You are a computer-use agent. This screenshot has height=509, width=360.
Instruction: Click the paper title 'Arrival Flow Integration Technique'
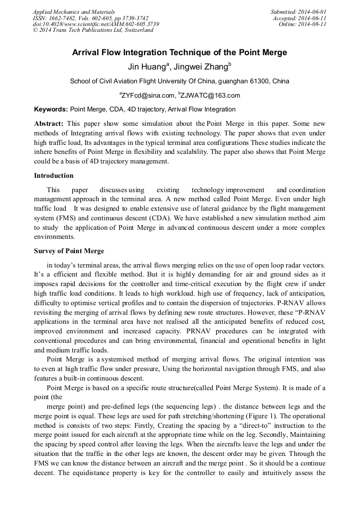[179, 53]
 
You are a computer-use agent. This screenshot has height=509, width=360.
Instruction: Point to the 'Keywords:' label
[51, 109]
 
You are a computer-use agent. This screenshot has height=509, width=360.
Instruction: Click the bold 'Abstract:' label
[49, 123]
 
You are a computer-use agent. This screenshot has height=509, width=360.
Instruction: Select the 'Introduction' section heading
[54, 176]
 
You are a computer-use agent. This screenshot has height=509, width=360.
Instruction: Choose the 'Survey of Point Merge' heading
[69, 251]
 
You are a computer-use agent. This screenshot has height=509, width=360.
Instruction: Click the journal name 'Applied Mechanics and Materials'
[74, 11]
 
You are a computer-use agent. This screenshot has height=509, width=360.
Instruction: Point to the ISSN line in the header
[90, 18]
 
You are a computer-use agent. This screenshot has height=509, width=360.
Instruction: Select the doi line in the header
[96, 24]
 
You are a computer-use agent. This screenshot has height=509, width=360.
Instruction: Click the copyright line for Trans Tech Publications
[93, 30]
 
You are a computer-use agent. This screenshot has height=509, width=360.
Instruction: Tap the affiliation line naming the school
[179, 81]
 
